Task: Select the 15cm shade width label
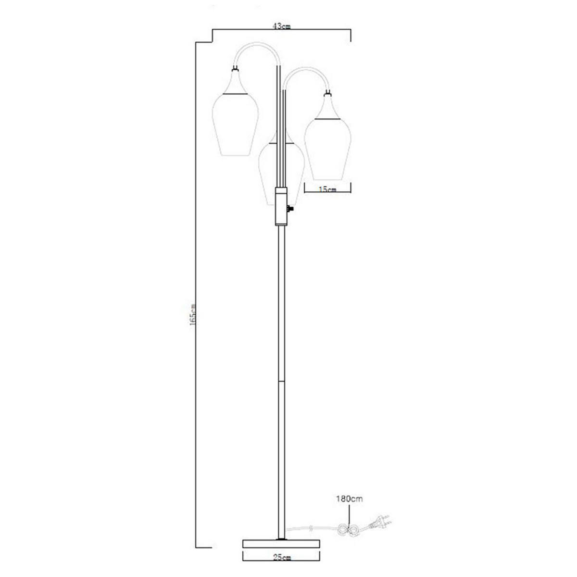click(328, 190)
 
